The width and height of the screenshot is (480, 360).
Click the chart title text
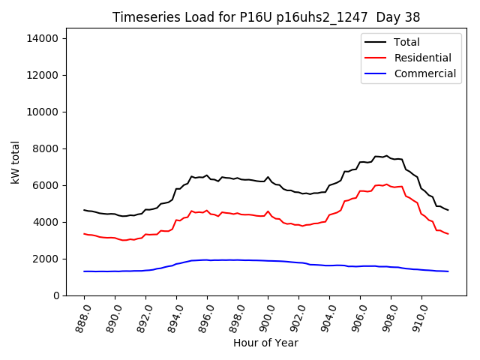click(x=266, y=17)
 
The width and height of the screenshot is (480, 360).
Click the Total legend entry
click(x=406, y=42)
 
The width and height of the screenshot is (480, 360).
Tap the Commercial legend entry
click(x=424, y=73)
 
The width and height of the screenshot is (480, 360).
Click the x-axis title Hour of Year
click(x=265, y=343)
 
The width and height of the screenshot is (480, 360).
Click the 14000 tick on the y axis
click(x=46, y=38)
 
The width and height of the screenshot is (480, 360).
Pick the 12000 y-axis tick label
click(x=46, y=75)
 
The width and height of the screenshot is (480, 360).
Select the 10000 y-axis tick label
click(x=46, y=112)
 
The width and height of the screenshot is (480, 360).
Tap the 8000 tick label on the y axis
click(x=49, y=148)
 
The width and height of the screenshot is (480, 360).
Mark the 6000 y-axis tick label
click(x=49, y=185)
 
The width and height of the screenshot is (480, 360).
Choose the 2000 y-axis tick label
click(x=49, y=259)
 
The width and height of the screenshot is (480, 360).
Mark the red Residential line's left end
click(x=84, y=234)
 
